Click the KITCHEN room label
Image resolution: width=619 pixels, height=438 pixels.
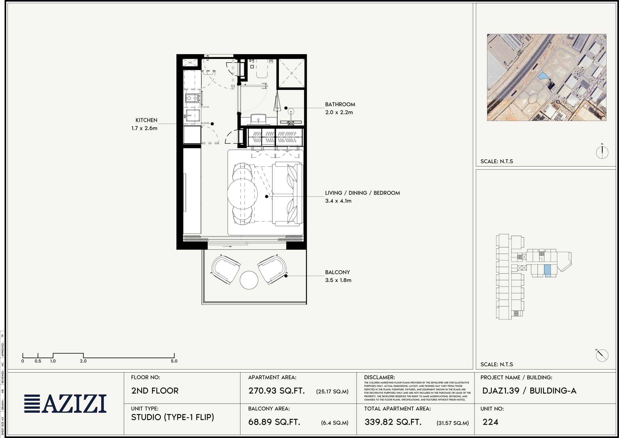tap(146, 120)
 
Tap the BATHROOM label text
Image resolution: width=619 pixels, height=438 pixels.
tap(340, 105)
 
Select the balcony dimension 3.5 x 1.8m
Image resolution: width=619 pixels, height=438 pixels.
tap(338, 280)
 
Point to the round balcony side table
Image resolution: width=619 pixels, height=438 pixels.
tap(249, 280)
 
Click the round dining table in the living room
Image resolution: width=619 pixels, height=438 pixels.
tap(242, 194)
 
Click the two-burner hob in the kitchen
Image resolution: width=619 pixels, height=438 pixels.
tap(192, 98)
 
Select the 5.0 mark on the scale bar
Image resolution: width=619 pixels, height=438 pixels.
tap(174, 361)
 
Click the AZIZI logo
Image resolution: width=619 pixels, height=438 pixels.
tap(65, 404)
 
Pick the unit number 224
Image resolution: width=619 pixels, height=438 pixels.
tap(490, 422)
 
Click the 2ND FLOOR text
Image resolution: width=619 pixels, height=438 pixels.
tap(155, 391)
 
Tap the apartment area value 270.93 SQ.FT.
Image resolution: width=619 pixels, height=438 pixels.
tap(276, 391)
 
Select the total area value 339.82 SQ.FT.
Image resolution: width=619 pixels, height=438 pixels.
tap(393, 422)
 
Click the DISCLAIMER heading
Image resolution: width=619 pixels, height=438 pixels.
tap(379, 377)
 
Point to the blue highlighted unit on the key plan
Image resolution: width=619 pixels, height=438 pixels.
tap(548, 271)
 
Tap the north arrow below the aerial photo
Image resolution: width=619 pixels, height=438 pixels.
tap(602, 152)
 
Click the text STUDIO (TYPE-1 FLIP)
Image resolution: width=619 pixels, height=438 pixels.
tap(172, 417)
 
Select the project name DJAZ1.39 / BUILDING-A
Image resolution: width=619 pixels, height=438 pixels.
tap(529, 391)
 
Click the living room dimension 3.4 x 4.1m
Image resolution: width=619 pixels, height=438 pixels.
tap(338, 201)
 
